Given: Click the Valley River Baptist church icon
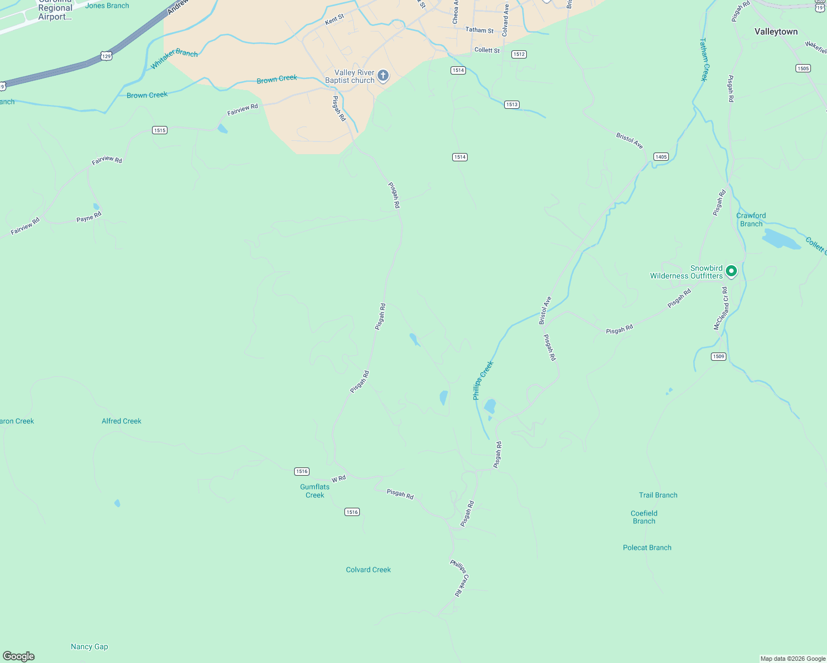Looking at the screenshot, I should click(383, 76).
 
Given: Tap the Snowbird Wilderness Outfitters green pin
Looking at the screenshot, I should click(731, 271).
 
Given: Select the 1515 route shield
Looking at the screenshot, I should click(160, 130).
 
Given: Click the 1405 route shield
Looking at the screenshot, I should click(661, 157).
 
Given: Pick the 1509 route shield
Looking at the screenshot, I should click(719, 356).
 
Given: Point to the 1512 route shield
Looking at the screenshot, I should click(519, 54).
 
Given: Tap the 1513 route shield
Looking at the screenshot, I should click(512, 104).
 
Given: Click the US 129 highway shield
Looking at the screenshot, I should click(107, 56).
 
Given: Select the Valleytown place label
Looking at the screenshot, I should click(776, 32).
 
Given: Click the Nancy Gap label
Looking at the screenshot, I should click(90, 646).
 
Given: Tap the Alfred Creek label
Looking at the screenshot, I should click(122, 421).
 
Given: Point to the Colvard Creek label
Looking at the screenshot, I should click(368, 570).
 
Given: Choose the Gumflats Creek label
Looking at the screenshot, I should click(315, 491).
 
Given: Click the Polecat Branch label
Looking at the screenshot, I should click(647, 548).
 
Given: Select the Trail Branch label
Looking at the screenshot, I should click(658, 495).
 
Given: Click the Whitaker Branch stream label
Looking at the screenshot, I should click(174, 59).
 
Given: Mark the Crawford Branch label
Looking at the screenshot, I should click(751, 219).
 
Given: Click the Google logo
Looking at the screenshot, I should click(19, 656).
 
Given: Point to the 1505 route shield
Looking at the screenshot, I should click(803, 69).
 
